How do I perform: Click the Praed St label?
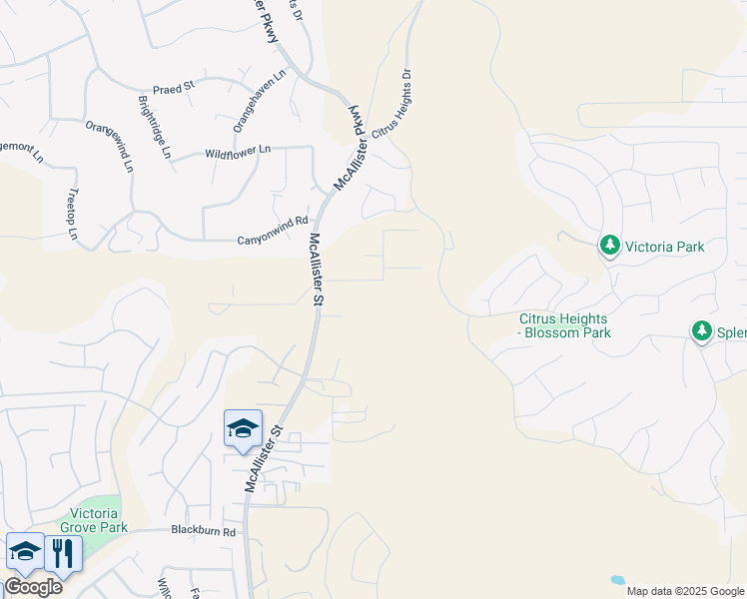(x=174, y=88)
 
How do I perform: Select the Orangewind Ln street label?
(x=109, y=147)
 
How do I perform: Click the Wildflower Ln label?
(x=238, y=151)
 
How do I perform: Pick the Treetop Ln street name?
(x=73, y=214)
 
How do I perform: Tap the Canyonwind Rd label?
(x=272, y=240)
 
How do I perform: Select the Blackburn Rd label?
(x=203, y=531)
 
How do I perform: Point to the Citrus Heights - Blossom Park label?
(x=564, y=326)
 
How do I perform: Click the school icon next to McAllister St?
(x=243, y=429)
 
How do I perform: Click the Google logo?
(x=33, y=586)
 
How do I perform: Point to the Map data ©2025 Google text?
(x=685, y=591)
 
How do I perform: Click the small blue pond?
(x=618, y=579)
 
